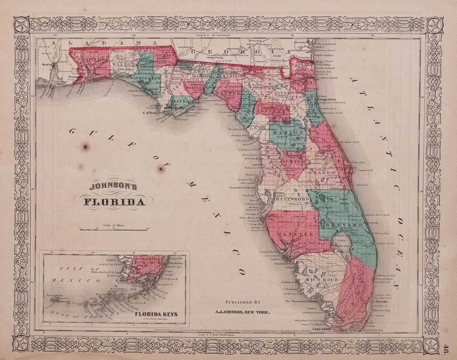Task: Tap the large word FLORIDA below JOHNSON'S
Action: (x=115, y=202)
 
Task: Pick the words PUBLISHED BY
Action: (x=243, y=302)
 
